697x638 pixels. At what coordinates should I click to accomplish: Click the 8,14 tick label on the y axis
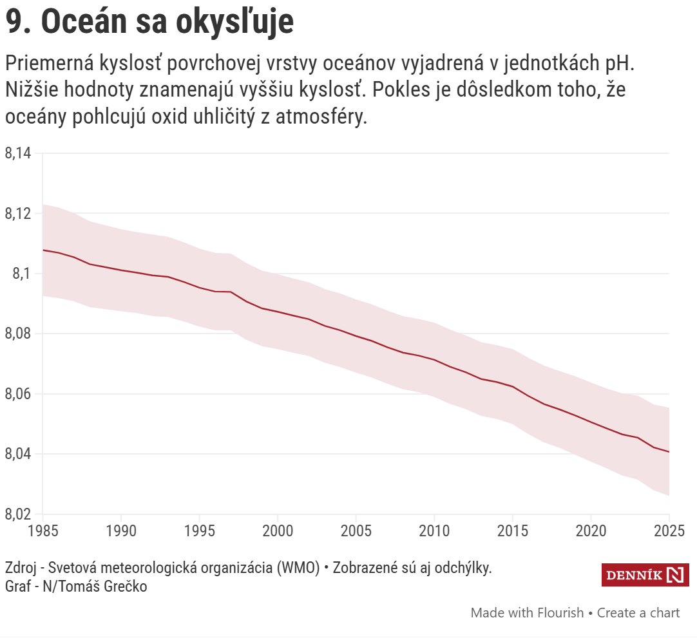tap(18, 153)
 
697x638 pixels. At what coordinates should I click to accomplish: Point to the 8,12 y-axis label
tap(18, 214)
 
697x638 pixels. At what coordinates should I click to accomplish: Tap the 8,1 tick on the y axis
tap(22, 274)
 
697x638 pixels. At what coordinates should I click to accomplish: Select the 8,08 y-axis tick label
tap(18, 334)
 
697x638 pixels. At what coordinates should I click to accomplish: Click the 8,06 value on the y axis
tap(18, 394)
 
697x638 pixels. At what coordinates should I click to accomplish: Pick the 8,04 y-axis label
tap(18, 455)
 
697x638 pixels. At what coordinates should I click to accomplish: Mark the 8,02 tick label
tap(18, 514)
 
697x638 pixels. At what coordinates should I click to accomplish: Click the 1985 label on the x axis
tap(43, 530)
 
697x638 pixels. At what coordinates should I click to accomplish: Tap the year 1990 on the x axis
tap(121, 530)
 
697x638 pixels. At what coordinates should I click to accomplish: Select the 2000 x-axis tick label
tap(278, 530)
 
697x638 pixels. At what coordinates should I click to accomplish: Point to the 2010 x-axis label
tap(434, 530)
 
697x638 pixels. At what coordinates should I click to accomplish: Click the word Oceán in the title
tap(83, 23)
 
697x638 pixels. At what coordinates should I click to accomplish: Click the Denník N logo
tap(645, 575)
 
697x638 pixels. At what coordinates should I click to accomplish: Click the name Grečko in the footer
tap(126, 586)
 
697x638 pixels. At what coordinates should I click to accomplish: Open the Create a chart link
tap(638, 612)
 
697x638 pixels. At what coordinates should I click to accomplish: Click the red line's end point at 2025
tap(669, 452)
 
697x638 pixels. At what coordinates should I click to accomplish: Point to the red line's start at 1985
tap(43, 250)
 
